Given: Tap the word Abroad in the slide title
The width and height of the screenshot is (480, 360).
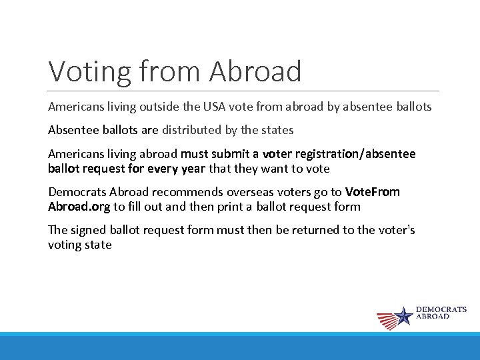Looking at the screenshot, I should tap(255, 71).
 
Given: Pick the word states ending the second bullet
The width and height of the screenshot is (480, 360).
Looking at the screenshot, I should tap(276, 130).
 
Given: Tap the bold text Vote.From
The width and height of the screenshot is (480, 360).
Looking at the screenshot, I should tap(373, 192).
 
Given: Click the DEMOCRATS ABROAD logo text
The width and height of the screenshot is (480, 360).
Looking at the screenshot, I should tap(441, 313).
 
